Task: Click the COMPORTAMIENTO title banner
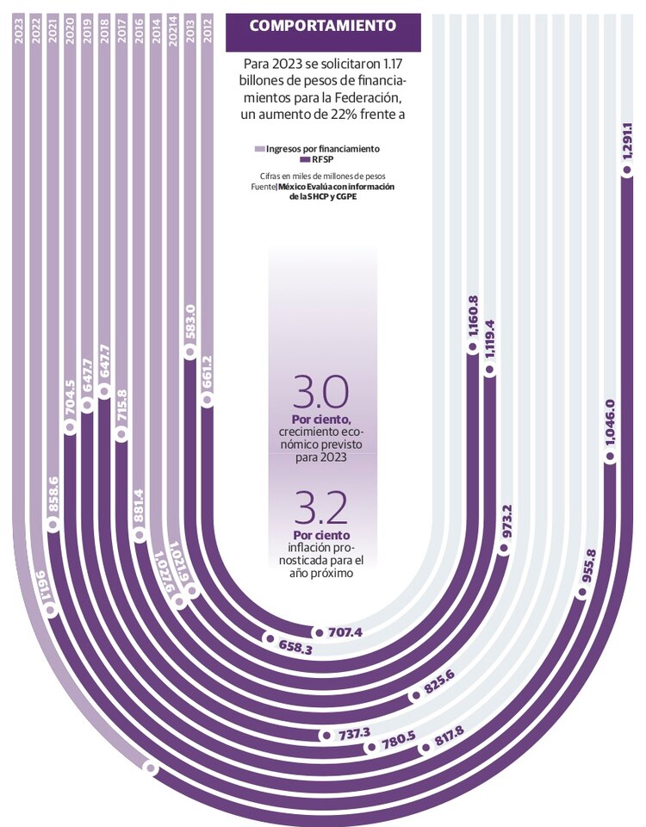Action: [x=323, y=26]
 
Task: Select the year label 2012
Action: [x=207, y=31]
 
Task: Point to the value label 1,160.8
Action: [x=472, y=315]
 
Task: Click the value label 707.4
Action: [x=345, y=633]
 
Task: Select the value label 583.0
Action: [x=190, y=322]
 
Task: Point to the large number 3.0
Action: [x=320, y=392]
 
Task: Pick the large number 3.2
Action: [x=320, y=508]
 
